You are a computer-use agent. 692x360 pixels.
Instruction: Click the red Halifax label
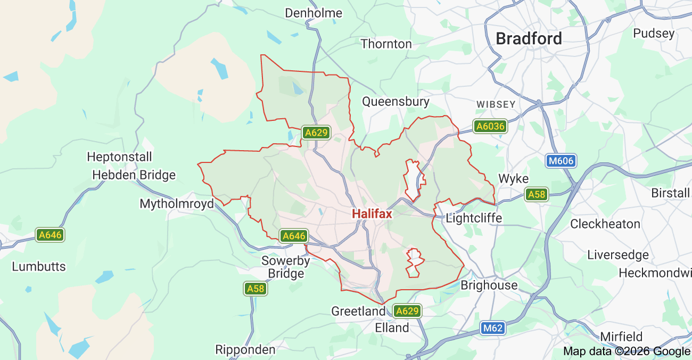[372, 214]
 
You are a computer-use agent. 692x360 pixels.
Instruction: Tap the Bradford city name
[529, 38]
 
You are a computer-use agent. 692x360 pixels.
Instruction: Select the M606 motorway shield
[561, 160]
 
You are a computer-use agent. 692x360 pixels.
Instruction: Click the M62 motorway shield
[492, 329]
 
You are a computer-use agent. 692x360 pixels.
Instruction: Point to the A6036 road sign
[490, 126]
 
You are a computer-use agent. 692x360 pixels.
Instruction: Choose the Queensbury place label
[396, 101]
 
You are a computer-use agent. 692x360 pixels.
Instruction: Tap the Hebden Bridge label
[134, 175]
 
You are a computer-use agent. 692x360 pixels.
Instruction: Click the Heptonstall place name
[119, 157]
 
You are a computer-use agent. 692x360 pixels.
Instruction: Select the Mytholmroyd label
[177, 203]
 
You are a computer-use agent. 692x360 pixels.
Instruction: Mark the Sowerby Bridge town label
[286, 267]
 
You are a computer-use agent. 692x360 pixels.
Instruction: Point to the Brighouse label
[489, 285]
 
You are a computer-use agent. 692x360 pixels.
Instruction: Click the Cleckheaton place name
[605, 224]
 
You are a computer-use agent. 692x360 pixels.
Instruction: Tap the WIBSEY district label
[496, 104]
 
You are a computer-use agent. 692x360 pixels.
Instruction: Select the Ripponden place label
[245, 349]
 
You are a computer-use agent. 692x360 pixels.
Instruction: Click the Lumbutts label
[39, 266]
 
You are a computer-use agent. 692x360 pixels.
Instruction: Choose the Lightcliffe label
[474, 218]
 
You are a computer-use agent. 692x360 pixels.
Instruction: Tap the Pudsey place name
[654, 33]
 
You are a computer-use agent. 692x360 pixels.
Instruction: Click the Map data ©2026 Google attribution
[627, 351]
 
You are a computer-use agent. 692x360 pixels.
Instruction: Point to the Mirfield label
[621, 337]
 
